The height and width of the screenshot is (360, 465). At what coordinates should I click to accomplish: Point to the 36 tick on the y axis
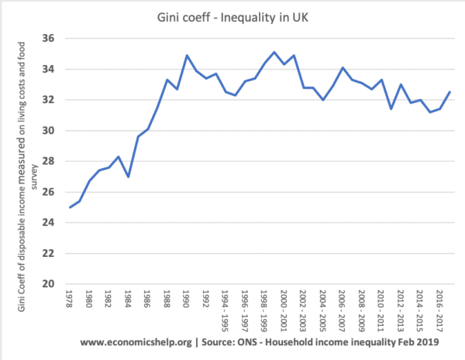pyautogui.click(x=48, y=39)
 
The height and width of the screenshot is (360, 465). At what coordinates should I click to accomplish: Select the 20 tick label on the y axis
pyautogui.click(x=48, y=284)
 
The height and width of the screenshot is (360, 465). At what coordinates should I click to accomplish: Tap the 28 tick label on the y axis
pyautogui.click(x=48, y=161)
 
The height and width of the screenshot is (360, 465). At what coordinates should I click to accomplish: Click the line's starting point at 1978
pyautogui.click(x=70, y=207)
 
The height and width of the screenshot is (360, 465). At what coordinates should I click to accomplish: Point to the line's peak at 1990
pyautogui.click(x=186, y=56)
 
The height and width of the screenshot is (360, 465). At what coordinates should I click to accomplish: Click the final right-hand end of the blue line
pyautogui.click(x=450, y=92)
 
